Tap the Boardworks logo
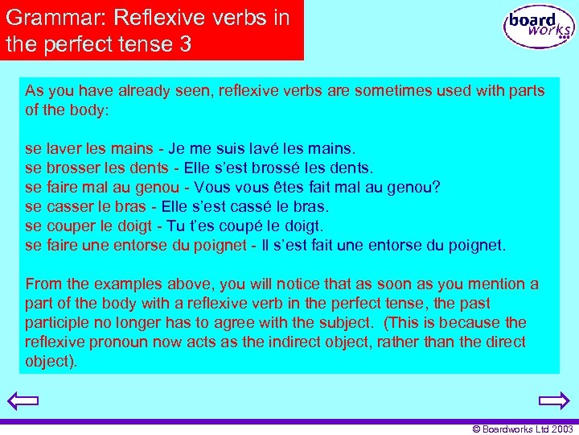[538, 27]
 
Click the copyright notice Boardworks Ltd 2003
[523, 429]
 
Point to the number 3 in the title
[186, 44]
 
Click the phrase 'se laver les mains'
[89, 149]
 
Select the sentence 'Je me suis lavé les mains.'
[262, 149]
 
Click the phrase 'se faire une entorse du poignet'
[133, 245]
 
